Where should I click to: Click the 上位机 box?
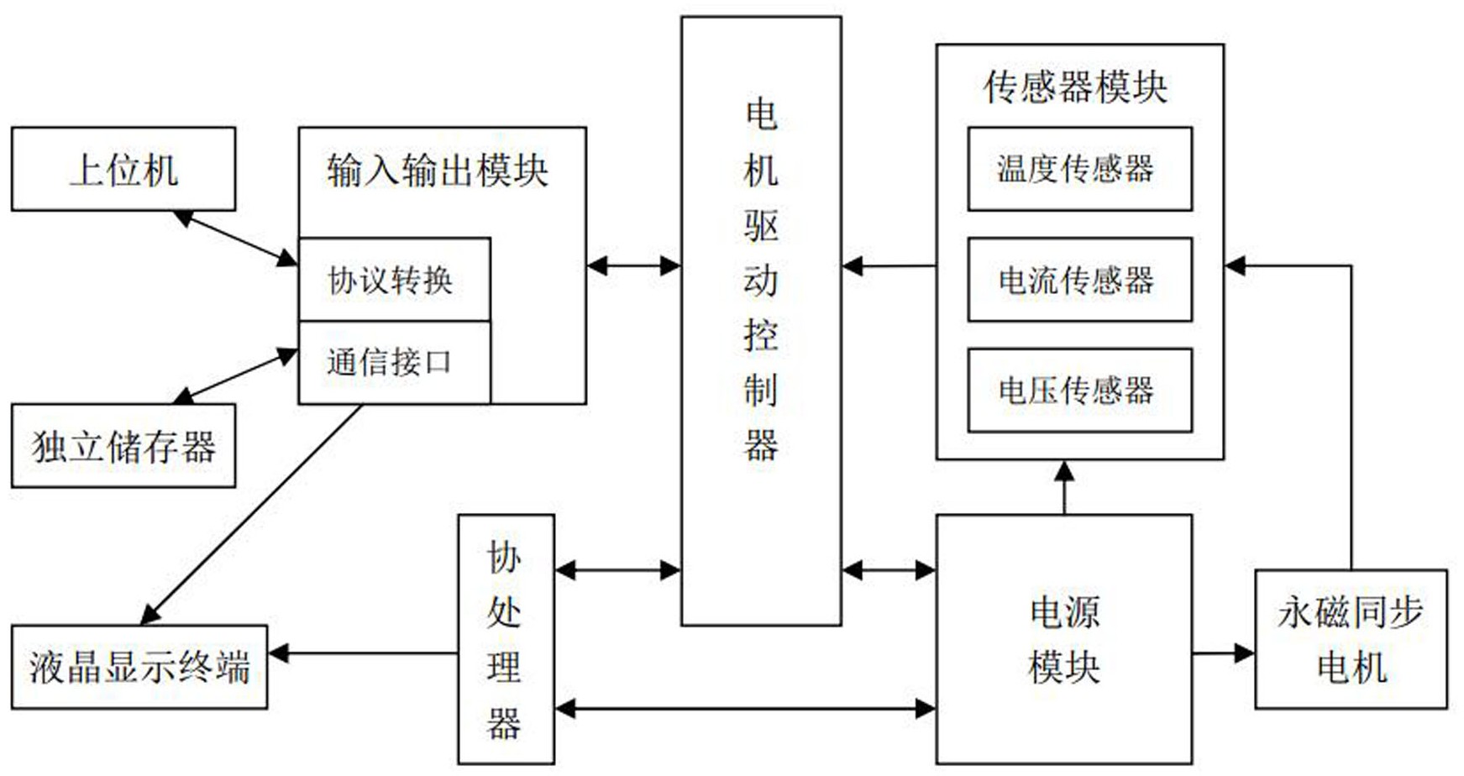[x=123, y=169]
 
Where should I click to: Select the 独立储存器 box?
[x=123, y=446]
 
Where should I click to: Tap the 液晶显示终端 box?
[x=139, y=667]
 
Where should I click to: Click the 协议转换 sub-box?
[x=393, y=280]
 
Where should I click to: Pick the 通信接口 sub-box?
[x=393, y=362]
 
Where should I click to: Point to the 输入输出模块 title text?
[x=438, y=170]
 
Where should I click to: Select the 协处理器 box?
[x=506, y=638]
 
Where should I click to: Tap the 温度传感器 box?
[x=1079, y=169]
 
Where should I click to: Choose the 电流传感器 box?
[x=1079, y=280]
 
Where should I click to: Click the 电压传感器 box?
[x=1079, y=391]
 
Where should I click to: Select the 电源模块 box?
[x=1063, y=638]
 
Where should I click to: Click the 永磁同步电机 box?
[x=1351, y=638]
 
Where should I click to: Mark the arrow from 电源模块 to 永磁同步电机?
[x=1223, y=653]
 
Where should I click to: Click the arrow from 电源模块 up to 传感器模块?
[x=1064, y=487]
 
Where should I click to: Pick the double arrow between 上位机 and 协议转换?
[x=236, y=239]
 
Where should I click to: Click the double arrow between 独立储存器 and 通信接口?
[x=236, y=375]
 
